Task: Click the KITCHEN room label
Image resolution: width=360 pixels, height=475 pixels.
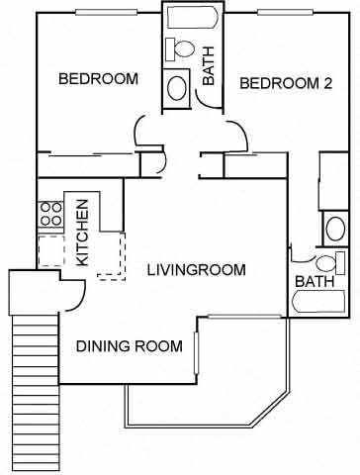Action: (82, 233)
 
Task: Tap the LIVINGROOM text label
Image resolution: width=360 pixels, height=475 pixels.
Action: (196, 270)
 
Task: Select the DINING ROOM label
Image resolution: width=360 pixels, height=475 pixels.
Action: (130, 346)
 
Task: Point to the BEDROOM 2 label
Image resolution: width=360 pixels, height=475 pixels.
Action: (286, 83)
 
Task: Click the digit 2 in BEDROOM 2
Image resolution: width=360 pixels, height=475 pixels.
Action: (327, 83)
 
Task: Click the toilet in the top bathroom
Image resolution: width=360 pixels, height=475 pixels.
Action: (180, 49)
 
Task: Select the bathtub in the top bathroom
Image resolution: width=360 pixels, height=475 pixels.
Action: (193, 17)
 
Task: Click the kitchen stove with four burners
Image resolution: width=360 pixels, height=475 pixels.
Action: (50, 214)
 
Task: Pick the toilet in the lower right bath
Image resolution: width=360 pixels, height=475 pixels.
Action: (330, 263)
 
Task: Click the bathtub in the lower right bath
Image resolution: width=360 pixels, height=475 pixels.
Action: (318, 302)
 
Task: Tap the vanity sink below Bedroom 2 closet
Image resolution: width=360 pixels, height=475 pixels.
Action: (335, 229)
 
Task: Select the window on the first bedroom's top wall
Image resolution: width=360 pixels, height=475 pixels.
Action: (106, 13)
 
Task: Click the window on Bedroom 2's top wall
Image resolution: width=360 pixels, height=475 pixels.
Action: (286, 13)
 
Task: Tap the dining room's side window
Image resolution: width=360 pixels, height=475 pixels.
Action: (196, 353)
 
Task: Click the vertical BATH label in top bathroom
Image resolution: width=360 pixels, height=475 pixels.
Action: (209, 66)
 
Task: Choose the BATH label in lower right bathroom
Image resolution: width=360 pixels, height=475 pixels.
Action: (315, 281)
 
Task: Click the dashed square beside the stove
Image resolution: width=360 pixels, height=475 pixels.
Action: (51, 250)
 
